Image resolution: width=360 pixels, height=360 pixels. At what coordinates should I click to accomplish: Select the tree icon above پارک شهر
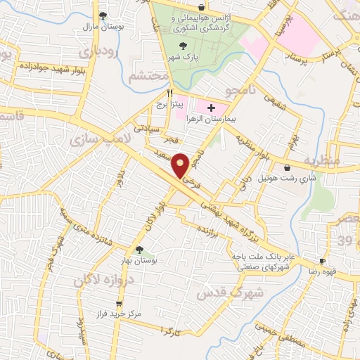point(184,46)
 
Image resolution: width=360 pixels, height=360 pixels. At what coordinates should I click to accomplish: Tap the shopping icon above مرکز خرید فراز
point(118,304)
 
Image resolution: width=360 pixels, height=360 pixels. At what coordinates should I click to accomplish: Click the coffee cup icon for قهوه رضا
point(322,260)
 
